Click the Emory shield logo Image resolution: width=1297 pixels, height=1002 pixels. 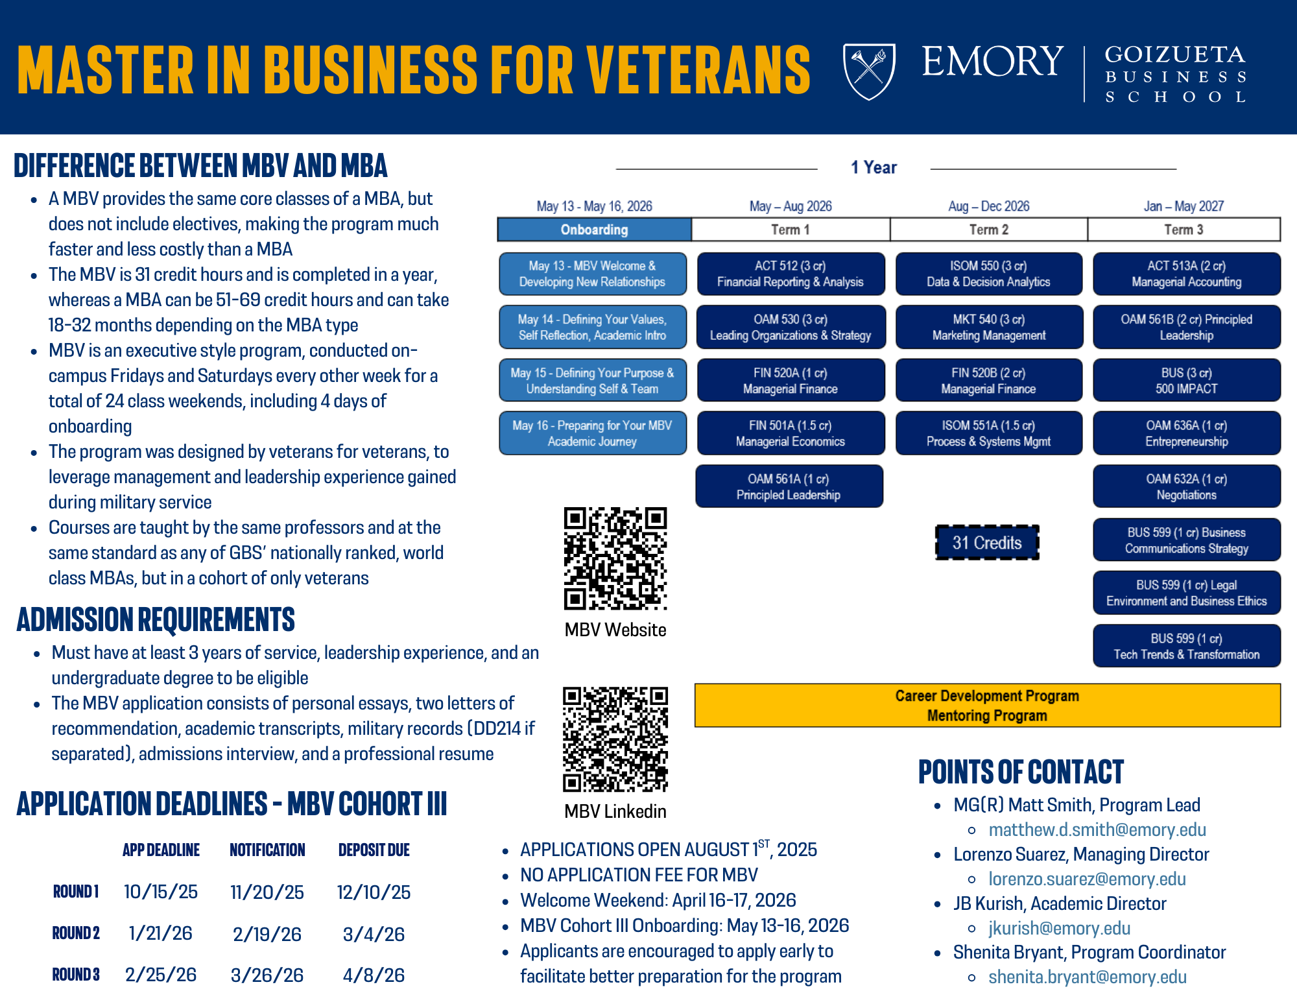pyautogui.click(x=869, y=71)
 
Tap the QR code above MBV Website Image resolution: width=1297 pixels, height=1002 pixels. pyautogui.click(x=615, y=558)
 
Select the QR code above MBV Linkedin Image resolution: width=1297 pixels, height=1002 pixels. pyautogui.click(x=615, y=739)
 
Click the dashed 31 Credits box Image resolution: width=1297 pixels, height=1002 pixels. pyautogui.click(x=986, y=543)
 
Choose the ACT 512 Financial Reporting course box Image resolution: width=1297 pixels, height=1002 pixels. pyautogui.click(x=791, y=274)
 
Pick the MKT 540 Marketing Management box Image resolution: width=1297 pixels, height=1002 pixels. pyautogui.click(x=989, y=327)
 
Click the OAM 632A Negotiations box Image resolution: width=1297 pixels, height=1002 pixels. pyautogui.click(x=1186, y=486)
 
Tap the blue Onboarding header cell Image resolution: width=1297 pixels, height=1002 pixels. pyautogui.click(x=594, y=230)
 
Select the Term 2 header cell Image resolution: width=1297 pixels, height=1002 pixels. pyautogui.click(x=989, y=230)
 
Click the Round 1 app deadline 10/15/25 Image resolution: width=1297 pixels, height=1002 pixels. pyautogui.click(x=161, y=892)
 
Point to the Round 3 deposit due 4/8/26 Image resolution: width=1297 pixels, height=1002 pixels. pyautogui.click(x=374, y=975)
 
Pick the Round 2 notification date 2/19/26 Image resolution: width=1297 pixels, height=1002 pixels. pyautogui.click(x=267, y=934)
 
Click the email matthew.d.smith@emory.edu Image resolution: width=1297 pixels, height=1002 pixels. pyautogui.click(x=1097, y=829)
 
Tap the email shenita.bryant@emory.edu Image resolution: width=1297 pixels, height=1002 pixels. pyautogui.click(x=1088, y=977)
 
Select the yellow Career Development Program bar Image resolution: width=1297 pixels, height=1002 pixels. pyautogui.click(x=987, y=705)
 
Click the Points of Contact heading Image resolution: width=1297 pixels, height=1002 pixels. pyautogui.click(x=1021, y=772)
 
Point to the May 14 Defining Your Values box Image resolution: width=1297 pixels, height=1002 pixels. pyautogui.click(x=592, y=327)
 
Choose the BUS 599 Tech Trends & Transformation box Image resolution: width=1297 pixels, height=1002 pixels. pyautogui.click(x=1186, y=646)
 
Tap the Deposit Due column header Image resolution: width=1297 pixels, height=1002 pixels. pyautogui.click(x=374, y=850)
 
